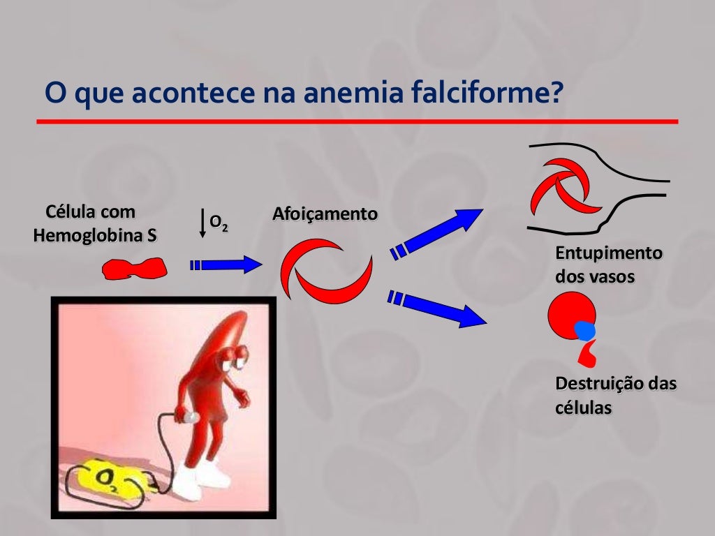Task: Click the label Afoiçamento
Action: pos(325,214)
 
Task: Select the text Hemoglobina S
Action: pos(95,235)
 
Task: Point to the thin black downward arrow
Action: pos(202,223)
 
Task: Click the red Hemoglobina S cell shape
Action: pos(134,268)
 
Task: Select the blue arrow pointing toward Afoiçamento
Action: pos(226,265)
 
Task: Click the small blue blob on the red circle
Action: pos(585,330)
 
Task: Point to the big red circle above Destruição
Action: pos(569,314)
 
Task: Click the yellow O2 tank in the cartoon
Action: pos(112,479)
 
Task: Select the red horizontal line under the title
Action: pos(357,121)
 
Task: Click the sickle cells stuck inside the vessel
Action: pos(566,186)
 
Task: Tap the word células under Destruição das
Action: pos(583,407)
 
